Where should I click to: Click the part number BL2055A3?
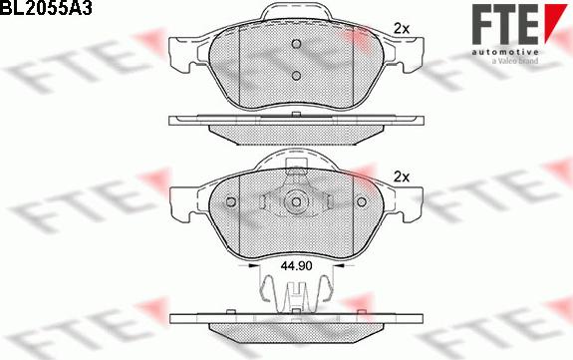(46, 7)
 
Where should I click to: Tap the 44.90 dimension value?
(296, 266)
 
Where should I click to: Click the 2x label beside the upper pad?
(402, 29)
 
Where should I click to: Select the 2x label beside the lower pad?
(402, 178)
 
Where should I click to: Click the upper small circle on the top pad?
(296, 44)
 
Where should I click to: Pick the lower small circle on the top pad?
(296, 76)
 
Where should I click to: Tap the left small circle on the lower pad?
(231, 201)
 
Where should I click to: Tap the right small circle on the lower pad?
(362, 201)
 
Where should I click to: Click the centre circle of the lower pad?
(296, 202)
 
